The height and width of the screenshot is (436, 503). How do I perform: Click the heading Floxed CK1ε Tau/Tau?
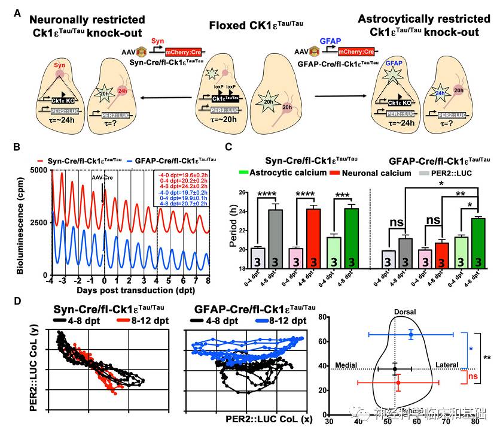252,25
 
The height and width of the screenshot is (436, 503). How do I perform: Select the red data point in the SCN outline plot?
398,382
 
